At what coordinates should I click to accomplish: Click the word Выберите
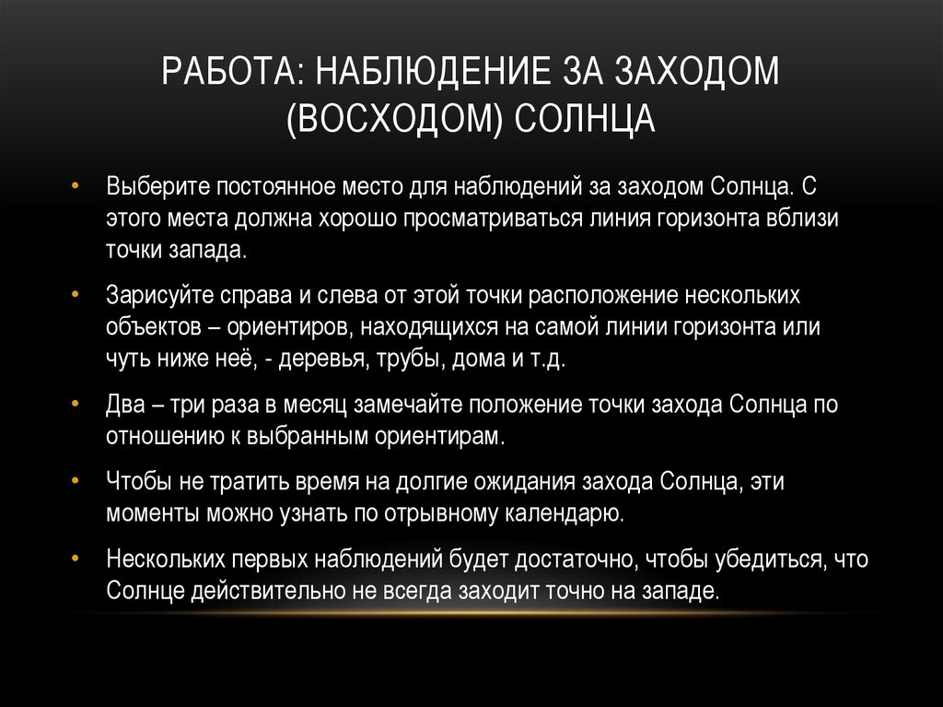[158, 185]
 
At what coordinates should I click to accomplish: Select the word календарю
[567, 513]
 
